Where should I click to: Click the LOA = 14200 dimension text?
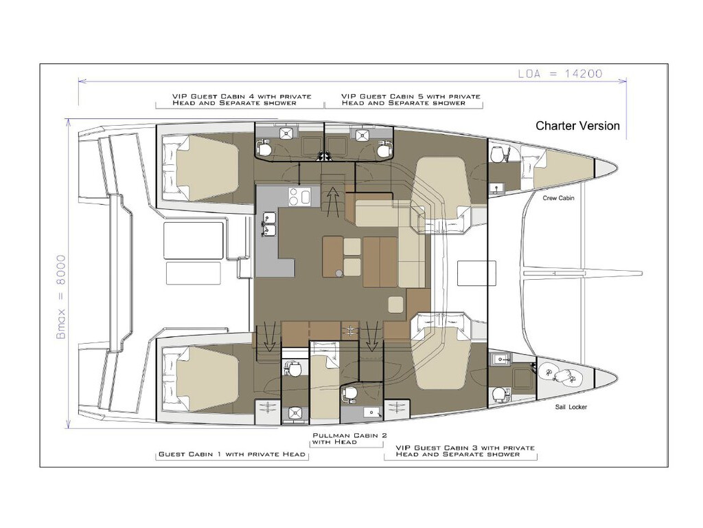[560, 74]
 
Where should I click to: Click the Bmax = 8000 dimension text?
[60, 297]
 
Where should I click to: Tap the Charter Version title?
[577, 126]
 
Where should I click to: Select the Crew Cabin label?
[558, 198]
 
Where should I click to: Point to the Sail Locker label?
[571, 407]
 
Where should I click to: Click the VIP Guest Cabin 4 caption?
[241, 99]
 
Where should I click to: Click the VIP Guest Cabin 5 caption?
[411, 99]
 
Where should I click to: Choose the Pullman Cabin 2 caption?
[349, 439]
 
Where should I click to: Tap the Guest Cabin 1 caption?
[232, 454]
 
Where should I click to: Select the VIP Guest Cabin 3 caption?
[465, 451]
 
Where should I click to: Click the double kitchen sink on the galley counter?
[269, 224]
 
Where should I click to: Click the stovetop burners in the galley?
[299, 197]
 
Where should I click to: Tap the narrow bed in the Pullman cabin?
[325, 381]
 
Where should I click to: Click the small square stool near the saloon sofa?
[395, 305]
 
